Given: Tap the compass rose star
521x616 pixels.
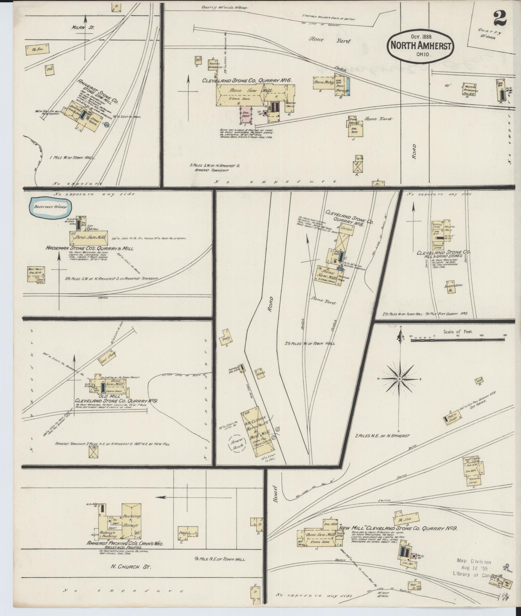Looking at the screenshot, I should pyautogui.click(x=399, y=379).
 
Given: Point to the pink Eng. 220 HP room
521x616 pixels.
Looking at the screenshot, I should pyautogui.click(x=246, y=114).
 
